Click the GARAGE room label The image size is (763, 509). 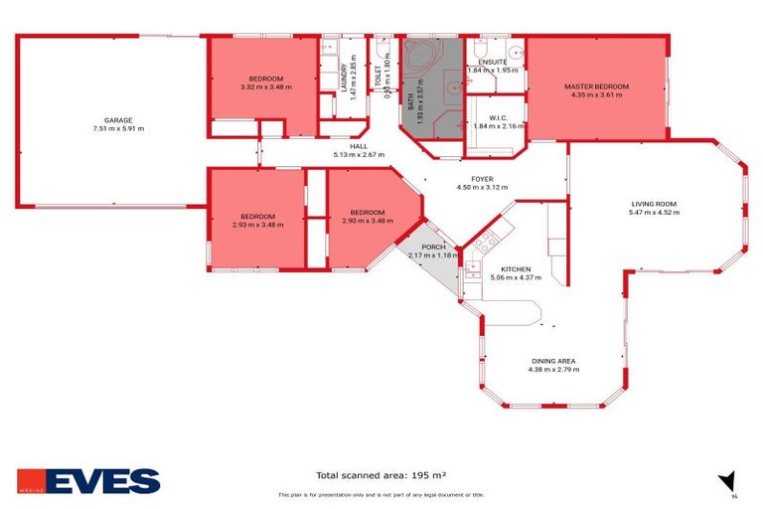pos(118,119)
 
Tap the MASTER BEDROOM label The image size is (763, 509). pos(596,86)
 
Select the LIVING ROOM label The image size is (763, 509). pos(654,203)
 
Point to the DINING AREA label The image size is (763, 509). pos(553,360)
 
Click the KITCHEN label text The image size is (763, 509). pos(516,269)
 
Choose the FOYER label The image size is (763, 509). pos(482,179)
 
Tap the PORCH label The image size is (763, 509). pos(433,247)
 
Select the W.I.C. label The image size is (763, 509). pos(499,118)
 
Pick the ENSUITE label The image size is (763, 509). pos(493,62)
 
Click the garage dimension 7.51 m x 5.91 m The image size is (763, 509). pos(118,128)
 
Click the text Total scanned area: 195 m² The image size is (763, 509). pos(381,475)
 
